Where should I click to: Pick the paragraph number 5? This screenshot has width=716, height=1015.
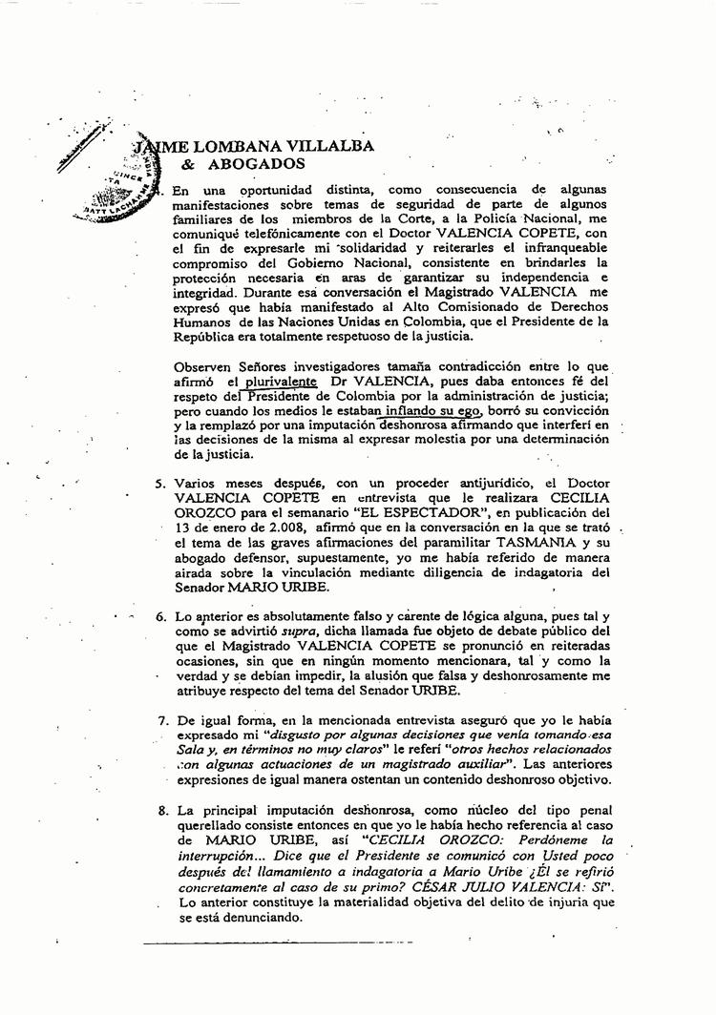(x=160, y=483)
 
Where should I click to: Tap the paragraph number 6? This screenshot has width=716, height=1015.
(x=160, y=616)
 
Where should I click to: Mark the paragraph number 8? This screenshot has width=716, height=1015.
(x=161, y=810)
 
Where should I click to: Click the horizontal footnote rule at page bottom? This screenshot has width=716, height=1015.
(x=277, y=945)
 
